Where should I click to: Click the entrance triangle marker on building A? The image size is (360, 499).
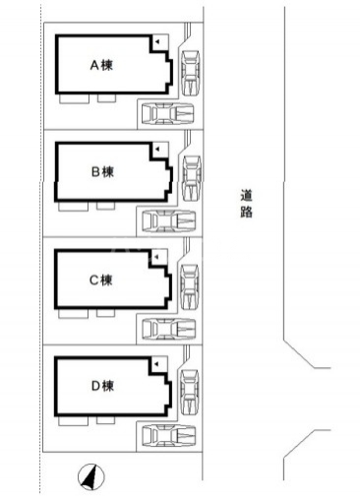tap(155, 42)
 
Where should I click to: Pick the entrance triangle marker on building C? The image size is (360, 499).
tap(155, 256)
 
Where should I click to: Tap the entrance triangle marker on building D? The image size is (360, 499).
tap(155, 362)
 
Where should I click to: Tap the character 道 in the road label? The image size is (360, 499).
tap(246, 195)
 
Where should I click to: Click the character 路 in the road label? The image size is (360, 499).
tap(246, 212)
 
